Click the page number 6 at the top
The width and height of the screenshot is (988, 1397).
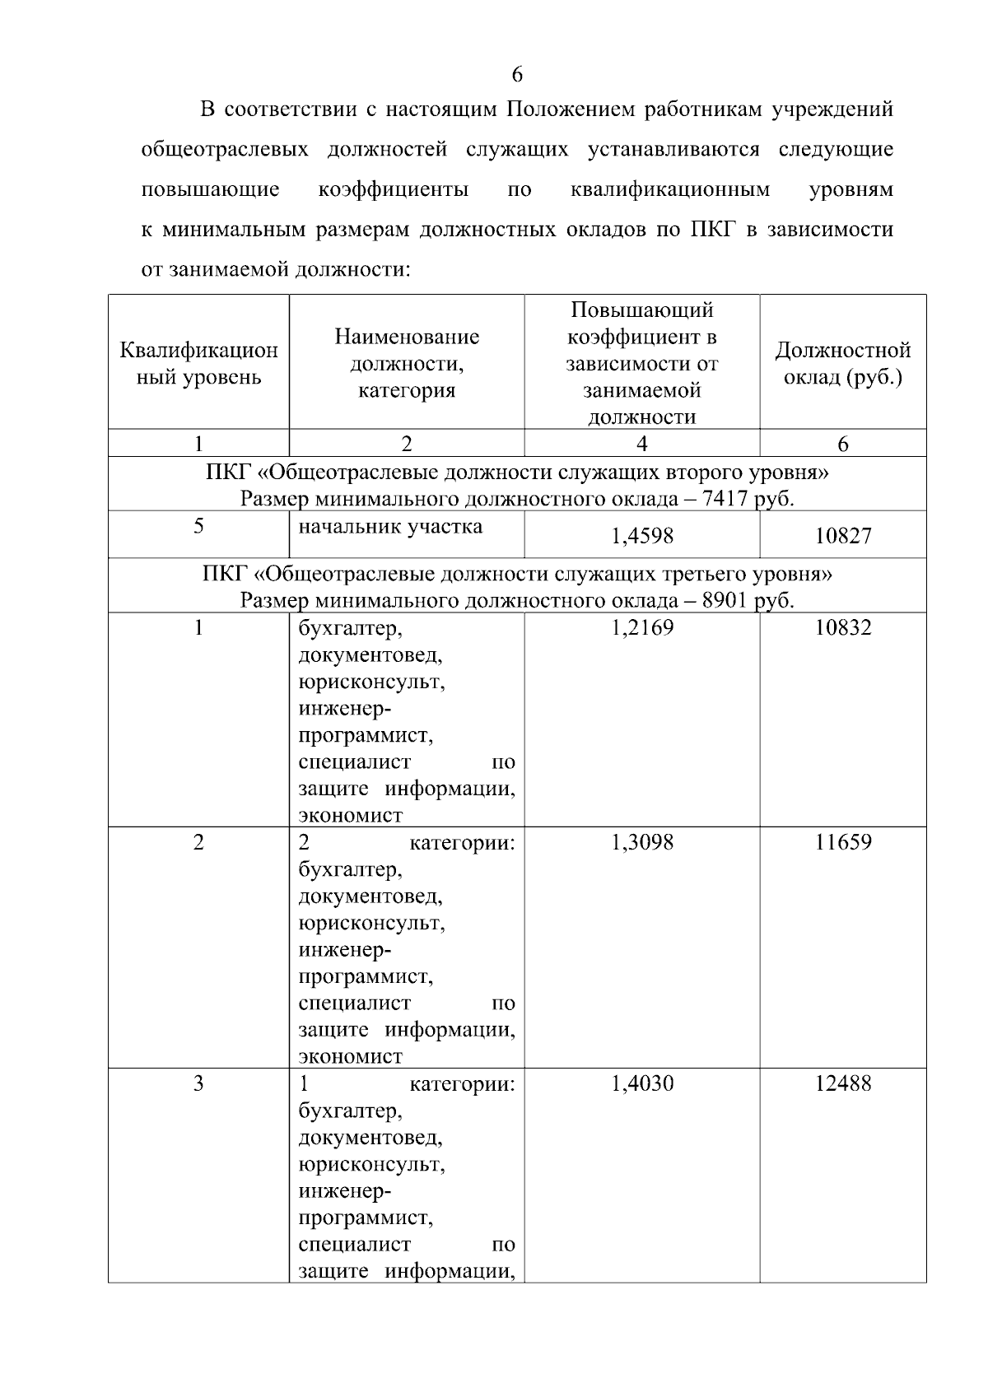click(x=517, y=75)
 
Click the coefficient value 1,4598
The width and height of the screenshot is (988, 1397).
click(x=641, y=536)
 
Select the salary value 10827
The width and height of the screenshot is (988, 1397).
click(x=842, y=536)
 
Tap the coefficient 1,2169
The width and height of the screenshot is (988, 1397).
click(x=641, y=628)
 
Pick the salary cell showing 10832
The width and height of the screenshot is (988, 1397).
click(x=842, y=628)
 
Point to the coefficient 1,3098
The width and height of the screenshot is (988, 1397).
click(x=641, y=842)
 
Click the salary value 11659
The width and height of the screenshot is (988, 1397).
click(x=842, y=842)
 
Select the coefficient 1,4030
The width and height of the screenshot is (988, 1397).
click(x=641, y=1083)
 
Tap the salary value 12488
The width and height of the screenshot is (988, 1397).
click(x=842, y=1083)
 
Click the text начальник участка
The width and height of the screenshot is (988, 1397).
click(x=390, y=526)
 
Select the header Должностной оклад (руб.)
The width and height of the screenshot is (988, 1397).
click(x=842, y=364)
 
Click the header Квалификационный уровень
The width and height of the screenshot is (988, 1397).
click(x=198, y=364)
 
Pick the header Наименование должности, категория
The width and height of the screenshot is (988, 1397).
click(x=406, y=363)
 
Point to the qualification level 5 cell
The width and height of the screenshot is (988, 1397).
click(x=198, y=526)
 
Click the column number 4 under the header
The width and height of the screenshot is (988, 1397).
click(x=641, y=444)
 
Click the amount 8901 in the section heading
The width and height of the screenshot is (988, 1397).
click(x=725, y=600)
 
